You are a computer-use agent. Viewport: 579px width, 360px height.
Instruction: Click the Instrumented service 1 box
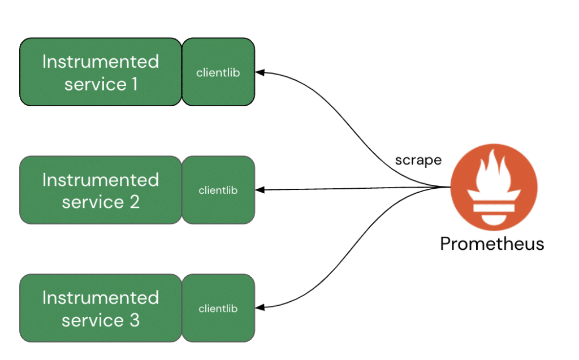tap(101, 72)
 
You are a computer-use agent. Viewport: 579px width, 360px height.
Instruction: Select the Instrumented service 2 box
tap(101, 190)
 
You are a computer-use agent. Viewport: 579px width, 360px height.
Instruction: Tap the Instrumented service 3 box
tap(101, 308)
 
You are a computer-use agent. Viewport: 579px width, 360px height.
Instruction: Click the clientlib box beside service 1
tap(218, 72)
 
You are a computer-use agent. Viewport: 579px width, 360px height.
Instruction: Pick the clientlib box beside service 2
tap(218, 190)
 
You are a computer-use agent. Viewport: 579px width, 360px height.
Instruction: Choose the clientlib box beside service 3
tap(218, 308)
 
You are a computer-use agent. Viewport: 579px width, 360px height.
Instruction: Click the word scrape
tap(418, 160)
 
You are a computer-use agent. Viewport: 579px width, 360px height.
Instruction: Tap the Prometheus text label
tap(492, 244)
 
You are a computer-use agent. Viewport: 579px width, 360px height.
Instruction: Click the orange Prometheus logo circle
tap(494, 186)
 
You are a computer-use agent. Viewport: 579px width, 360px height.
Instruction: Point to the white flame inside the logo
tap(494, 175)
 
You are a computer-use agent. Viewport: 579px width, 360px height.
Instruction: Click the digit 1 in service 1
tap(133, 84)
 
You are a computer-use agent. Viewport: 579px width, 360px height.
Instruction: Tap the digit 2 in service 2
tap(134, 202)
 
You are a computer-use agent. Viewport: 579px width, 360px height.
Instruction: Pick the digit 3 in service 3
tap(134, 320)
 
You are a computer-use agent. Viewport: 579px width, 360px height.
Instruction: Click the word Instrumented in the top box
tap(101, 61)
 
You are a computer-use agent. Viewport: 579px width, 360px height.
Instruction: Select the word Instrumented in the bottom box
tap(101, 297)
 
